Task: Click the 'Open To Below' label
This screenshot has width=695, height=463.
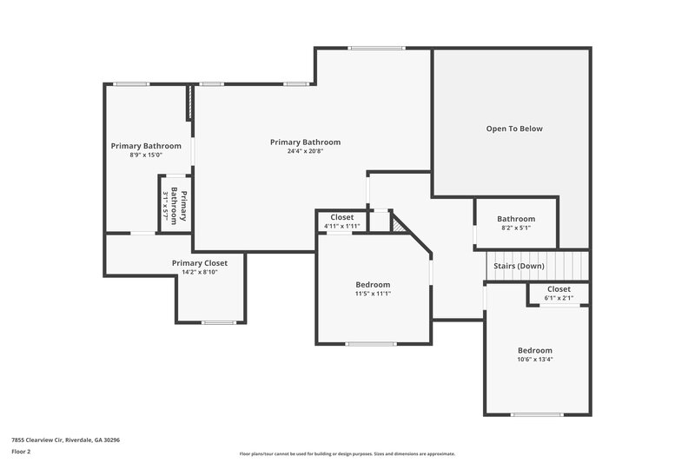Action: coord(513,129)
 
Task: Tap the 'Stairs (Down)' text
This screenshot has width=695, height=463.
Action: coord(519,266)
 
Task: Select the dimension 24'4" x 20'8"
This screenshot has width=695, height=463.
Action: coord(305,151)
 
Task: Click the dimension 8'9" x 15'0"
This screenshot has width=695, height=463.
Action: coord(146,155)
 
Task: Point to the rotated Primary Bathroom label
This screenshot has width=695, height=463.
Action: coord(179,206)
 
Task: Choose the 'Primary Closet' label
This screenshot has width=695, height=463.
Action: coord(199,263)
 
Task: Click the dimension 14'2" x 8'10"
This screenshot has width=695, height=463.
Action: coord(199,273)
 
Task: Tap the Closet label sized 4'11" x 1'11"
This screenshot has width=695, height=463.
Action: coord(341,217)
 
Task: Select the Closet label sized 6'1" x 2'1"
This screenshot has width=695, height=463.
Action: coord(559,289)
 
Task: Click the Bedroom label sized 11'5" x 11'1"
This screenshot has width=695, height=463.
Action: coord(373,285)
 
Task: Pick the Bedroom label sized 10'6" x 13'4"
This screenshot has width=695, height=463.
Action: coord(534,351)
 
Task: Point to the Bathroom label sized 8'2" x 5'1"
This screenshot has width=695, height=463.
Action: coord(516,219)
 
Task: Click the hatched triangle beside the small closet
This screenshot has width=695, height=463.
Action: coord(398,223)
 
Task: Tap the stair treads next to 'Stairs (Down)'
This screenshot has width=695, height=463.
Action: coord(570,264)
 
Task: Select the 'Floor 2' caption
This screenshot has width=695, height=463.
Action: coord(21,452)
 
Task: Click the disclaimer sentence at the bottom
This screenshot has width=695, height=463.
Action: coord(347,453)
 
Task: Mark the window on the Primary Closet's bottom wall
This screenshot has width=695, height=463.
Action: coord(218,322)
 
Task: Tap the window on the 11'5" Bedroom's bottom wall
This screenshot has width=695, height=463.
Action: coord(372,344)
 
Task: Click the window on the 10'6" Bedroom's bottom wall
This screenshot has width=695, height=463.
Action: coord(537,414)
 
